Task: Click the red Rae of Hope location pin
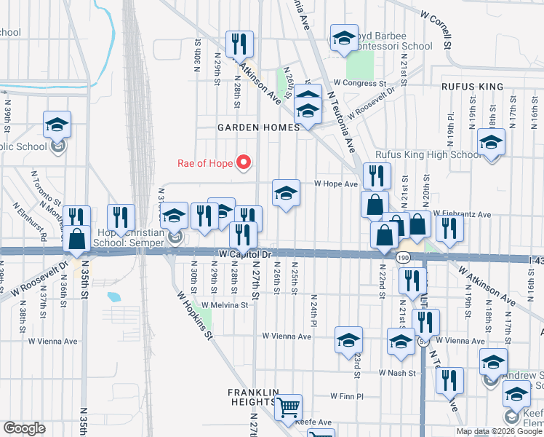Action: [245, 162]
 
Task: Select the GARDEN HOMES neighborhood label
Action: [258, 127]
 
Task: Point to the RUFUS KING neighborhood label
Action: [472, 87]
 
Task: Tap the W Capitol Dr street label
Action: [244, 254]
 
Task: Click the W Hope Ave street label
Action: [336, 184]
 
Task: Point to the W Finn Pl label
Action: [346, 397]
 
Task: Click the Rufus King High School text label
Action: [425, 155]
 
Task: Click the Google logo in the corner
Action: [24, 428]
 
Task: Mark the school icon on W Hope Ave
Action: [286, 193]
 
